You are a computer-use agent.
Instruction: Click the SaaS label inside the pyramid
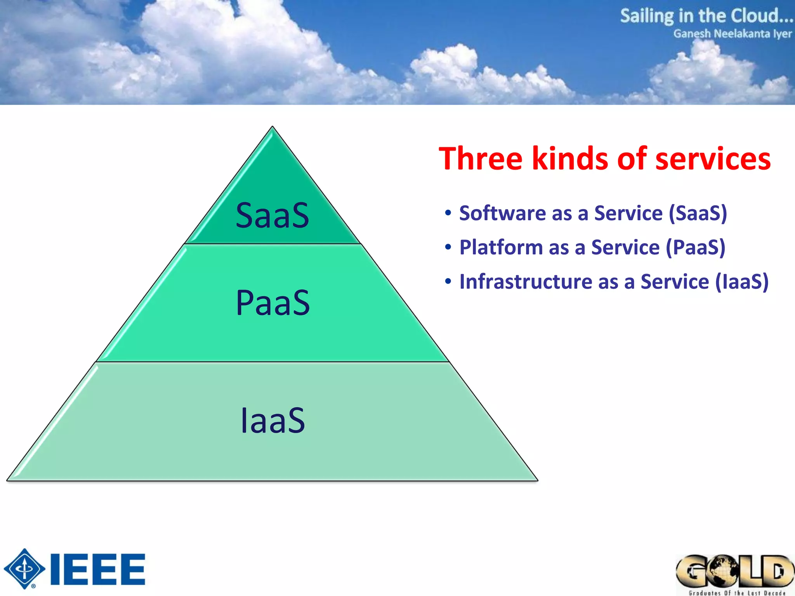pyautogui.click(x=272, y=215)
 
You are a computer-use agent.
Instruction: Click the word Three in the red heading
pyautogui.click(x=481, y=159)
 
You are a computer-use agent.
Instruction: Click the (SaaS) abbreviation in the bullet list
pyautogui.click(x=698, y=213)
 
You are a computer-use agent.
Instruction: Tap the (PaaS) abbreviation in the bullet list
pyautogui.click(x=695, y=247)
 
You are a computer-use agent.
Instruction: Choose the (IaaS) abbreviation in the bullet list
pyautogui.click(x=741, y=281)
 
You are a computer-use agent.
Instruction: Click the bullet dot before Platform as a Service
pyautogui.click(x=448, y=247)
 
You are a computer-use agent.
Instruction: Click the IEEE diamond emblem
pyautogui.click(x=24, y=569)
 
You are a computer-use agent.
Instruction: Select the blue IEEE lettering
pyautogui.click(x=98, y=569)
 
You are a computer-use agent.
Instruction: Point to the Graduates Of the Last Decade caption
pyautogui.click(x=736, y=593)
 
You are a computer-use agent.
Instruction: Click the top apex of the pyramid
pyautogui.click(x=273, y=127)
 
